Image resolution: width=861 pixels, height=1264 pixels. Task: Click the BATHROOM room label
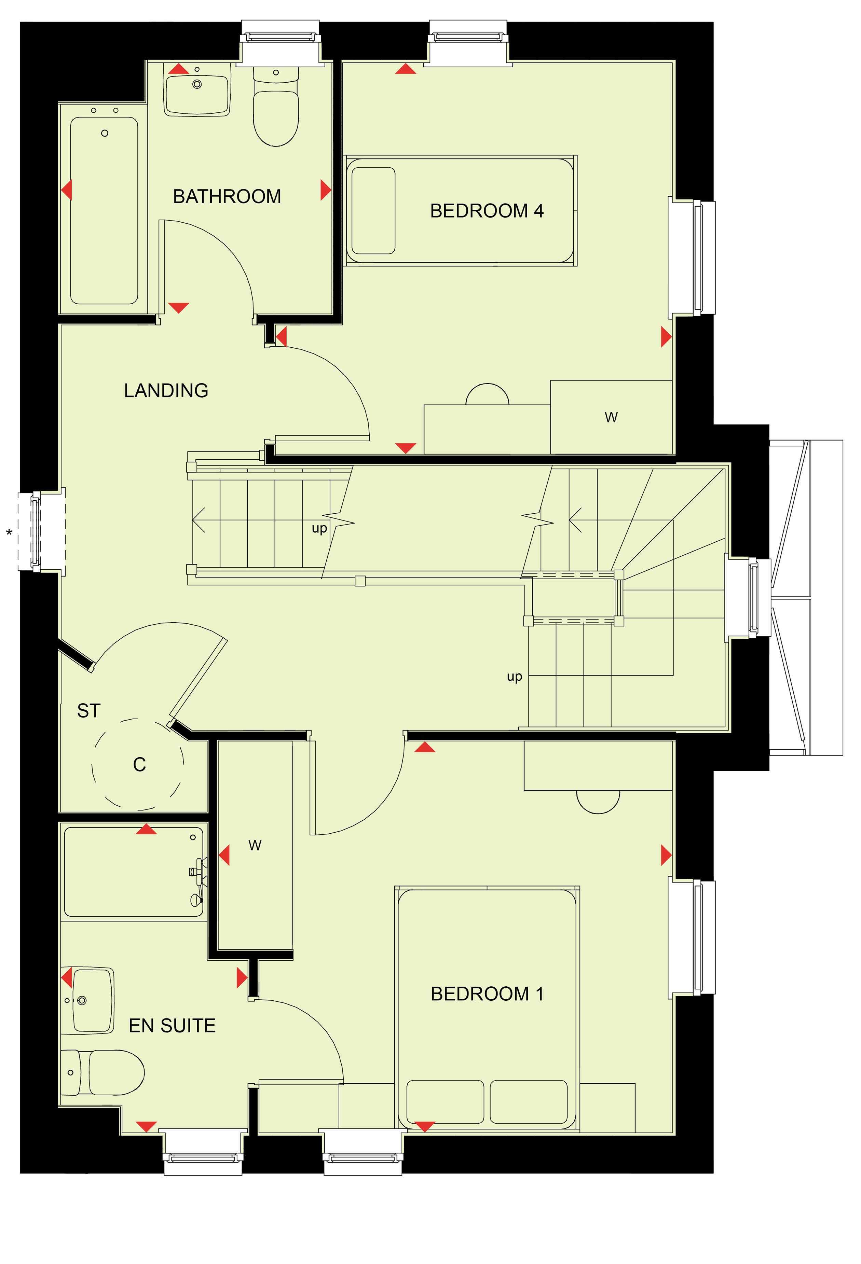pos(227,196)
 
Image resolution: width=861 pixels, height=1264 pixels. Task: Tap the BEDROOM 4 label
pos(487,211)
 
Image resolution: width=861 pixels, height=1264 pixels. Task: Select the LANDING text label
pos(166,390)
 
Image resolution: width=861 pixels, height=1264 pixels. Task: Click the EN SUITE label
pos(172,1026)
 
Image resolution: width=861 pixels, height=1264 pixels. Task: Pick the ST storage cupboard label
pos(89,711)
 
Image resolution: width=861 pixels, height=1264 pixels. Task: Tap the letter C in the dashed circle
pos(139,765)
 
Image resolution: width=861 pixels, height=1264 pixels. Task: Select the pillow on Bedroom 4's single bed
pos(373,210)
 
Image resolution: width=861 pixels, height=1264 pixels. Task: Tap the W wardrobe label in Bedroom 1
pos(255,845)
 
